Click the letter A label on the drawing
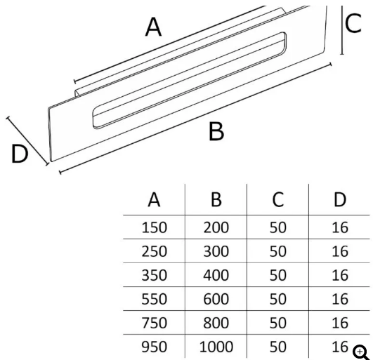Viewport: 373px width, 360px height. click(x=153, y=27)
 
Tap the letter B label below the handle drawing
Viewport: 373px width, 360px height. click(x=216, y=131)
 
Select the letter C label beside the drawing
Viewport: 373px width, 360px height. click(x=353, y=23)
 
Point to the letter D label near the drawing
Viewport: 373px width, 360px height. click(x=20, y=154)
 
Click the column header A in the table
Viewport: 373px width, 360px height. click(x=154, y=199)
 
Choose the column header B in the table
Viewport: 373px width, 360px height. click(x=216, y=199)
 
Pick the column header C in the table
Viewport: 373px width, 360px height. click(x=278, y=199)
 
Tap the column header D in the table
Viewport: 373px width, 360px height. click(x=340, y=199)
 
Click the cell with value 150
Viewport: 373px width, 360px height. click(x=154, y=227)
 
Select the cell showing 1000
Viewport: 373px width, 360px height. click(x=216, y=347)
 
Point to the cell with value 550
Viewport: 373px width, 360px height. click(x=154, y=299)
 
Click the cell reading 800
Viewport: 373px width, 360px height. click(x=216, y=323)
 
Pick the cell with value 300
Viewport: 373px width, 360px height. click(x=216, y=251)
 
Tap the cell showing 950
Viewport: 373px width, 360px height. click(x=154, y=347)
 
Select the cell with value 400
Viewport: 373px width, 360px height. click(x=216, y=275)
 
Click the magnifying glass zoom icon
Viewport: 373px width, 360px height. click(x=361, y=353)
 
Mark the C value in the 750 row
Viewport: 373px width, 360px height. click(x=278, y=323)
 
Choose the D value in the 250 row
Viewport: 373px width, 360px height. click(x=340, y=251)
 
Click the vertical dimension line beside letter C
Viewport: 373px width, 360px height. click(x=342, y=30)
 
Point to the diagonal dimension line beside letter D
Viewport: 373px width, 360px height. click(x=27, y=140)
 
